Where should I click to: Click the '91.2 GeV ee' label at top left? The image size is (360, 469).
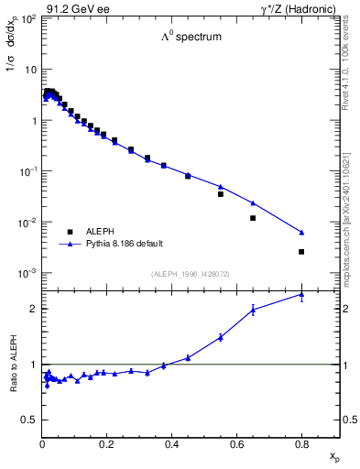tap(74, 8)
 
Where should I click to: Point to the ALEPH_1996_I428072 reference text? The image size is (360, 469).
tap(191, 274)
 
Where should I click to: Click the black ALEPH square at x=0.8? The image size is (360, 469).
tap(301, 251)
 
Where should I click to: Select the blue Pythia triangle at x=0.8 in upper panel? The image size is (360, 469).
tap(301, 232)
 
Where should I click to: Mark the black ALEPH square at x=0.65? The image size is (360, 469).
tap(253, 218)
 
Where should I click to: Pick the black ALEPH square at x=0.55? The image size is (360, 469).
tap(221, 194)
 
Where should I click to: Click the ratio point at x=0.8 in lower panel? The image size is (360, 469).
tap(301, 294)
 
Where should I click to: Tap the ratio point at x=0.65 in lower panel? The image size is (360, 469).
tap(253, 310)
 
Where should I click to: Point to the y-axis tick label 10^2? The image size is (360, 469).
tap(29, 19)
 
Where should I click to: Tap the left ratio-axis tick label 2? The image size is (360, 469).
tap(34, 309)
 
